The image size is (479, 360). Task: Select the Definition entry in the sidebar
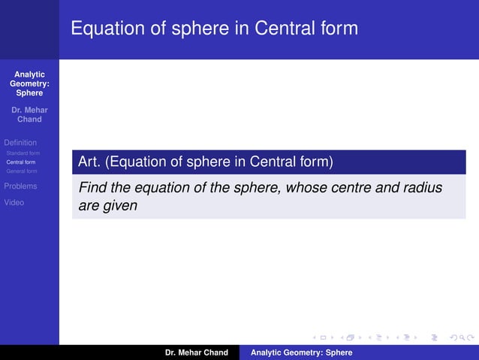coord(20,142)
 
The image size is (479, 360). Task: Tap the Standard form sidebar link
coord(23,153)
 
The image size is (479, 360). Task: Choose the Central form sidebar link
coord(21,162)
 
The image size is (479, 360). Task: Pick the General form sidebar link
coord(22,171)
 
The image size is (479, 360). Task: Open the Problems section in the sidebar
coord(20,186)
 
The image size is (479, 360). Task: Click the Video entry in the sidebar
coord(14,202)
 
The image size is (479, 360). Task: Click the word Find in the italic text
coord(93,187)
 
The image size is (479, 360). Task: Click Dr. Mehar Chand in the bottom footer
coord(197,352)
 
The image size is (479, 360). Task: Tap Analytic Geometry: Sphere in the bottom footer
coord(301,352)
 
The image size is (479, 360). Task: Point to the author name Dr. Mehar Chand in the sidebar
coord(29,114)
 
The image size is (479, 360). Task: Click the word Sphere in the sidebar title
coord(29,93)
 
